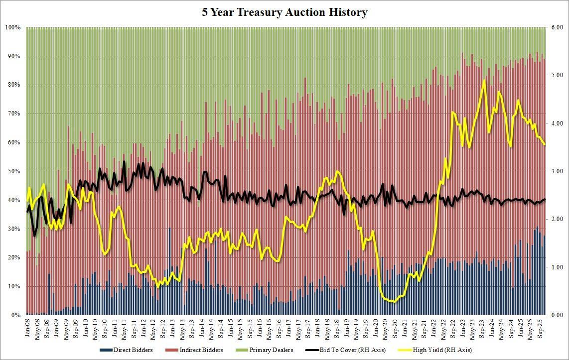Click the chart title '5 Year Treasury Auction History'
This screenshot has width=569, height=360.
[x=284, y=12]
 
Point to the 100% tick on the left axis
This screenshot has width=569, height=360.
[x=12, y=27]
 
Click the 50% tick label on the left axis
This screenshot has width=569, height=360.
[x=14, y=171]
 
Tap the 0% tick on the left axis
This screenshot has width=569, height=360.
[x=15, y=315]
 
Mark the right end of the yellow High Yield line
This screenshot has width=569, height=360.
[x=545, y=144]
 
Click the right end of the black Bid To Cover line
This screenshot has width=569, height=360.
[x=545, y=199]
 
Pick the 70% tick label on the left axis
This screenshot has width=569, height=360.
[x=14, y=114]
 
